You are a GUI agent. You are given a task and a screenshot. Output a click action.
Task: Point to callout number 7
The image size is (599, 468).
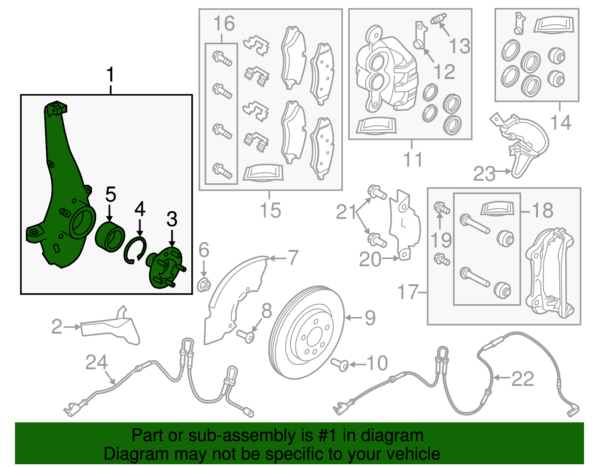292,257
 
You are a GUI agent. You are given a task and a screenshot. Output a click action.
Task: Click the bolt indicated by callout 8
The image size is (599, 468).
245,336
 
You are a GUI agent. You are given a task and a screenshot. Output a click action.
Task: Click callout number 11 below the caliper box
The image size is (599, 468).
413,159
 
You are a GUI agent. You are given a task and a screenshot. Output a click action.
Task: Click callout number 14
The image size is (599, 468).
561,122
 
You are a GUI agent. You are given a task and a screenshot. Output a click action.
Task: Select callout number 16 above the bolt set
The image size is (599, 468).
224,23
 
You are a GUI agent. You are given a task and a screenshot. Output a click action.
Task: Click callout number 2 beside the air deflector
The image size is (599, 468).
57,327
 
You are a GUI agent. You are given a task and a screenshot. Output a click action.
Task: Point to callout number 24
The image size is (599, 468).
96,362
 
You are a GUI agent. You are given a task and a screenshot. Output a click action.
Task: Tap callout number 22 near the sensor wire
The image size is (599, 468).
523,379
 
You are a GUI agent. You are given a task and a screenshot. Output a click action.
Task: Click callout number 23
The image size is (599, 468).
484,173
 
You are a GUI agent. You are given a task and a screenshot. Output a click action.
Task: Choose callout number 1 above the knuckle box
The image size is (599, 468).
110,74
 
